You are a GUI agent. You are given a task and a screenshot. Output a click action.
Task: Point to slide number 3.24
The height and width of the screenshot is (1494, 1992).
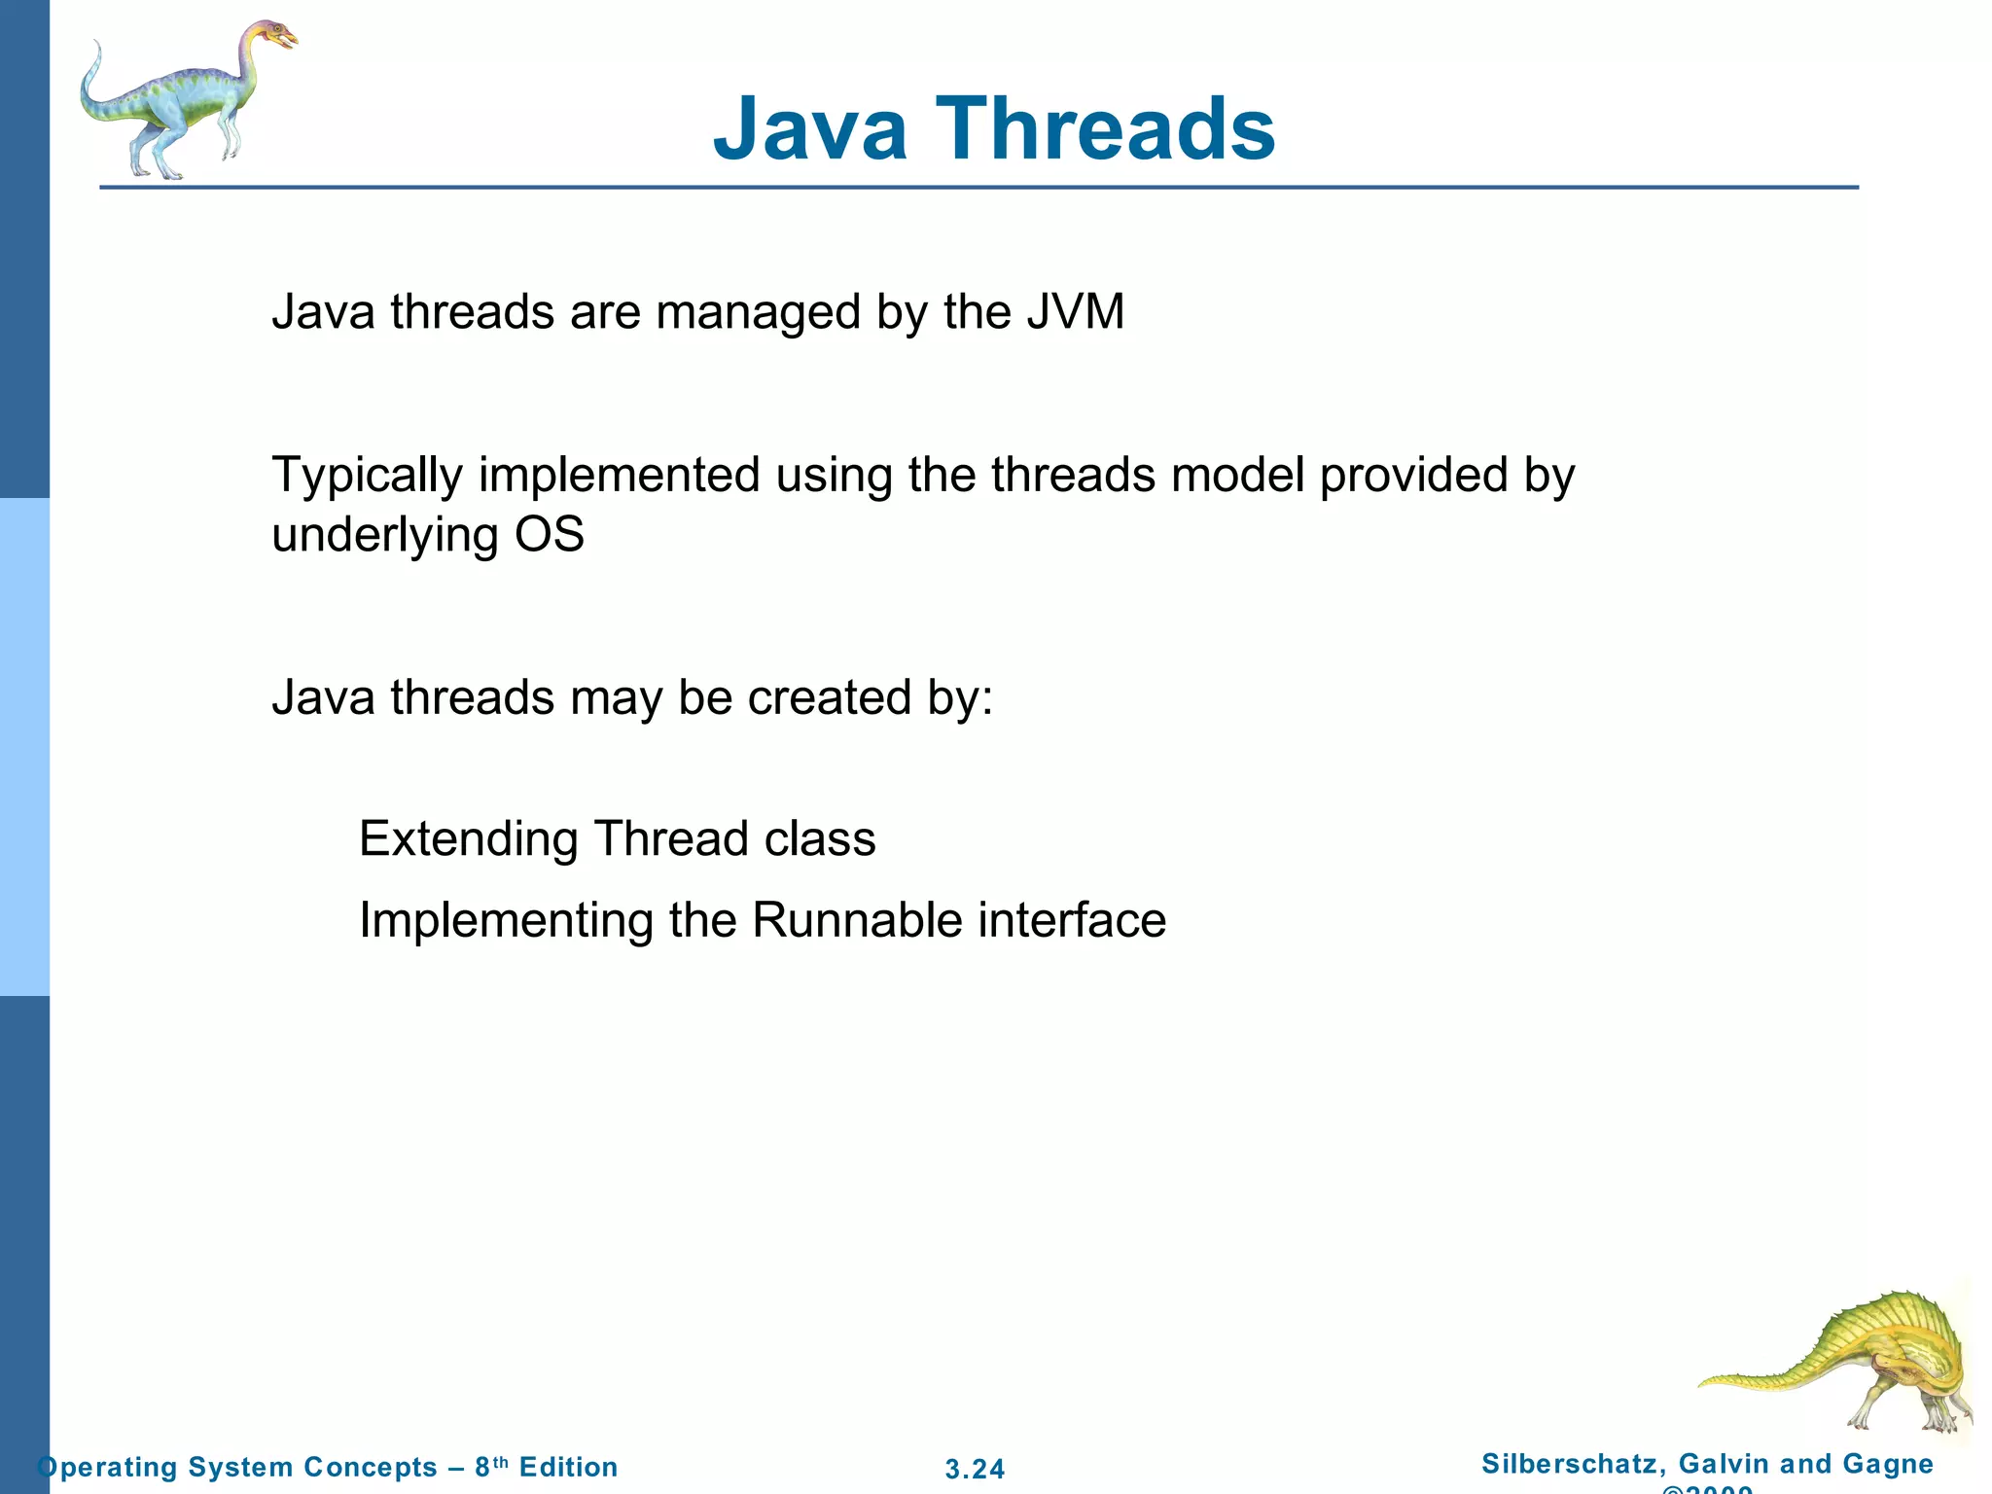click(x=975, y=1469)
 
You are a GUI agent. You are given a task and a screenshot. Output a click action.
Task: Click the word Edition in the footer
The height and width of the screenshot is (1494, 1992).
click(x=568, y=1467)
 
